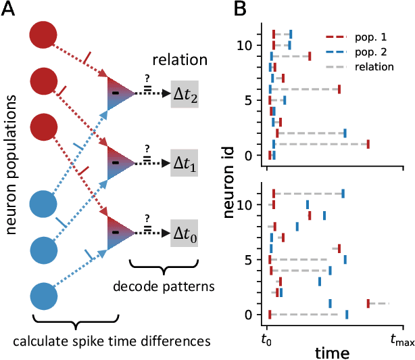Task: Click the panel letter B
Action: (x=240, y=10)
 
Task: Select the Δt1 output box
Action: (x=185, y=163)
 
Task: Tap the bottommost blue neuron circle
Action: (x=44, y=298)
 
